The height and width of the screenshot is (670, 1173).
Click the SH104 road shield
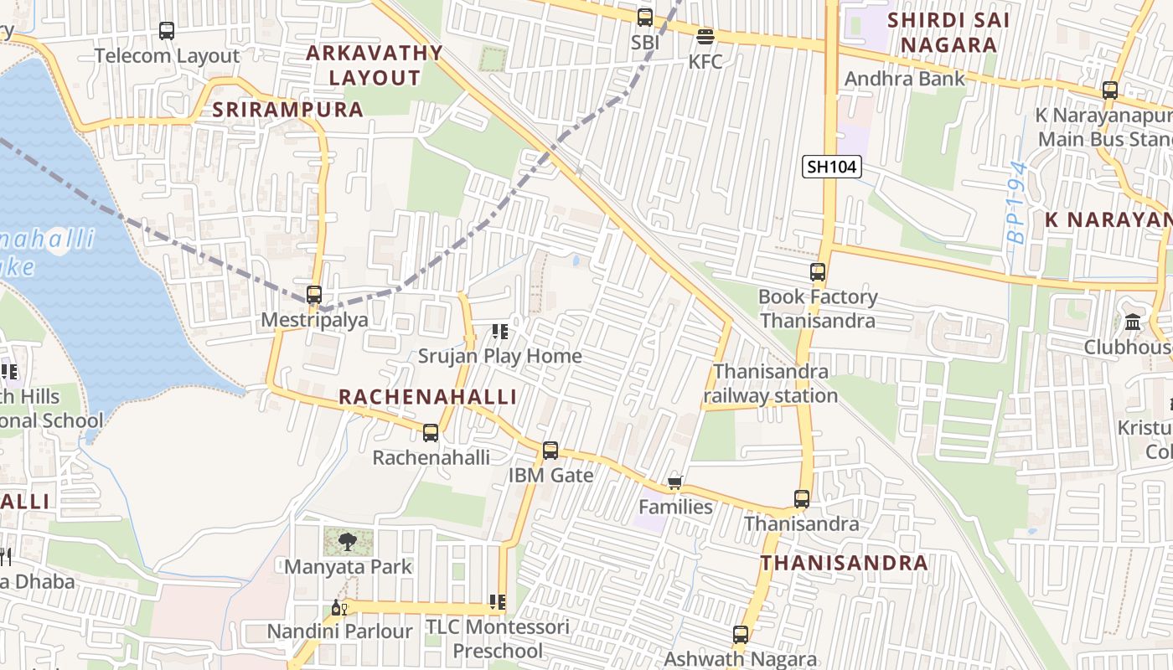click(831, 167)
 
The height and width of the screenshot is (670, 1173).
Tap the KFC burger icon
click(705, 37)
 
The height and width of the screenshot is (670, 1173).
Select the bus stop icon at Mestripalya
click(314, 295)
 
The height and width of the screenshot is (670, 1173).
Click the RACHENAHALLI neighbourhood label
click(427, 397)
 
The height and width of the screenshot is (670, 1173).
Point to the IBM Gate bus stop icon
click(550, 451)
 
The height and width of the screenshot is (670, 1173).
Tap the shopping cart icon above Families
click(675, 482)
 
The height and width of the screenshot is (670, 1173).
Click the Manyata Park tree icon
click(347, 542)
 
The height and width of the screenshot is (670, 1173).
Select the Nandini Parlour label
click(339, 631)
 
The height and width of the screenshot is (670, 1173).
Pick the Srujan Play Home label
click(499, 356)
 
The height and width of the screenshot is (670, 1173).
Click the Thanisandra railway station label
click(771, 384)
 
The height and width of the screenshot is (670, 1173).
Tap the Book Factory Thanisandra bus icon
click(818, 272)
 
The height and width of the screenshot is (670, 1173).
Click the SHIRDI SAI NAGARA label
click(948, 32)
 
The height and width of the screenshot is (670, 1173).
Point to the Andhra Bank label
click(905, 79)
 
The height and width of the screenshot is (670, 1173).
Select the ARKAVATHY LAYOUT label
click(375, 64)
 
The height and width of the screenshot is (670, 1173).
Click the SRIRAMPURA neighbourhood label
click(288, 110)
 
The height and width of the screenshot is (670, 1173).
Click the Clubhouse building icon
click(1133, 322)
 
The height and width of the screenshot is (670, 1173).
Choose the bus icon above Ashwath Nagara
click(741, 635)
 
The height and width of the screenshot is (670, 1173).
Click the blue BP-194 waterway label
click(1016, 202)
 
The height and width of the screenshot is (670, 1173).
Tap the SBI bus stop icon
click(645, 18)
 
